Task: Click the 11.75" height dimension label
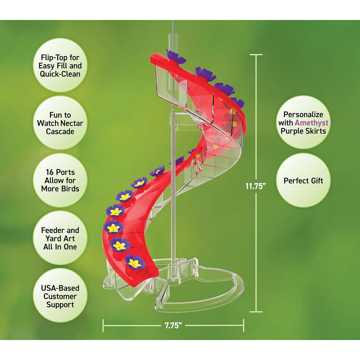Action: tap(256, 186)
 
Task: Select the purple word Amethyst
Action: tap(311, 123)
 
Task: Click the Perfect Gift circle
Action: tap(303, 180)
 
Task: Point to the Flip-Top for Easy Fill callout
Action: tap(60, 65)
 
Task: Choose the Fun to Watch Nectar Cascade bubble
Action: tap(60, 123)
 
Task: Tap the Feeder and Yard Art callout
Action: tap(60, 238)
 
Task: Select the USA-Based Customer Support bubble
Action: tap(60, 296)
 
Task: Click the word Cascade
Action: tap(60, 131)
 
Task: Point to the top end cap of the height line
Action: tap(256, 55)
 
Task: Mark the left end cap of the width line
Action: tap(103, 325)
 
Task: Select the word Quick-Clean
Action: tap(60, 74)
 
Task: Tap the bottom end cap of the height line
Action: tap(256, 312)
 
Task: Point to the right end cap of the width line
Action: tap(243, 325)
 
